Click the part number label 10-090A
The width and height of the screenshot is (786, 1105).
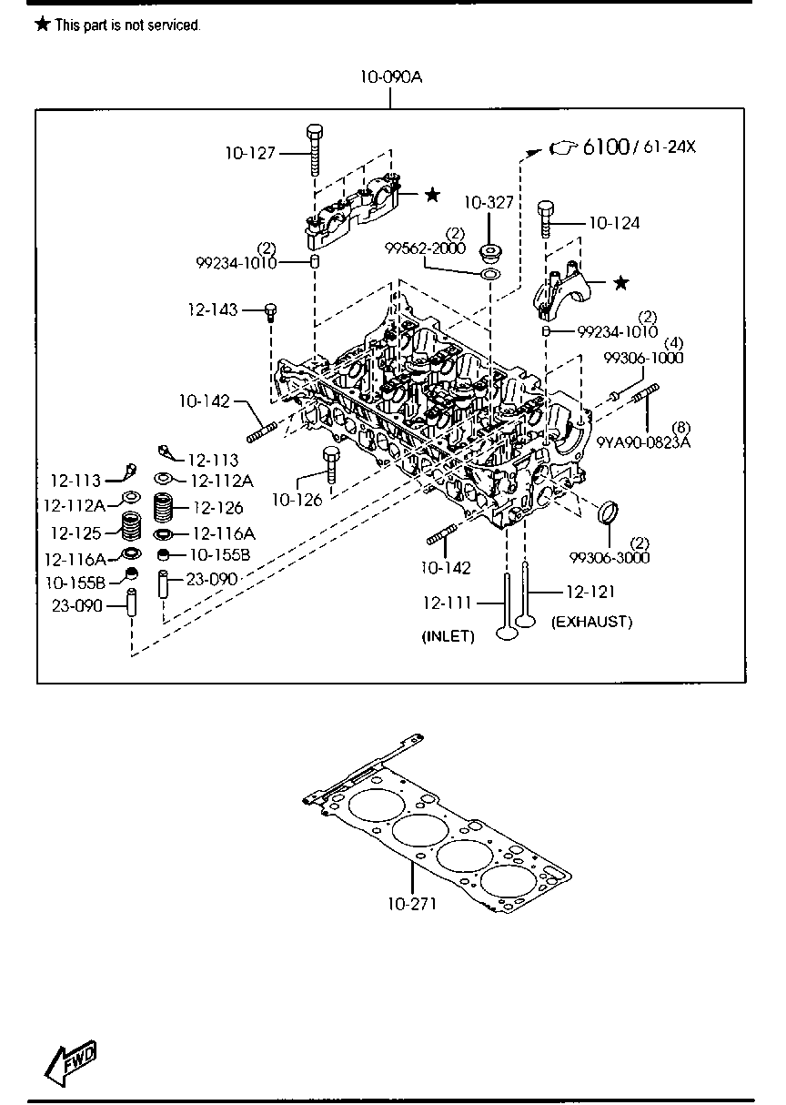[x=390, y=77]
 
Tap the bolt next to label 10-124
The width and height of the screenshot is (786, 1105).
[x=545, y=218]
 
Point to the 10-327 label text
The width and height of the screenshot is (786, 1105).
[x=489, y=202]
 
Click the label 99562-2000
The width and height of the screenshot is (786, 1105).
[x=424, y=248]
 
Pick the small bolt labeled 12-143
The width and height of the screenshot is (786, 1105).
[x=269, y=312]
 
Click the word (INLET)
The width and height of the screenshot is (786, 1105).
[x=448, y=636]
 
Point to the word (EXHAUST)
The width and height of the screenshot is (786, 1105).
[x=591, y=622]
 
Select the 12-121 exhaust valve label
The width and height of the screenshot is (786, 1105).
[x=589, y=592]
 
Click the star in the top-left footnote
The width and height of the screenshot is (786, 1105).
[x=42, y=25]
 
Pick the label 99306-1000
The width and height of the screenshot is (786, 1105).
[x=643, y=358]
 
